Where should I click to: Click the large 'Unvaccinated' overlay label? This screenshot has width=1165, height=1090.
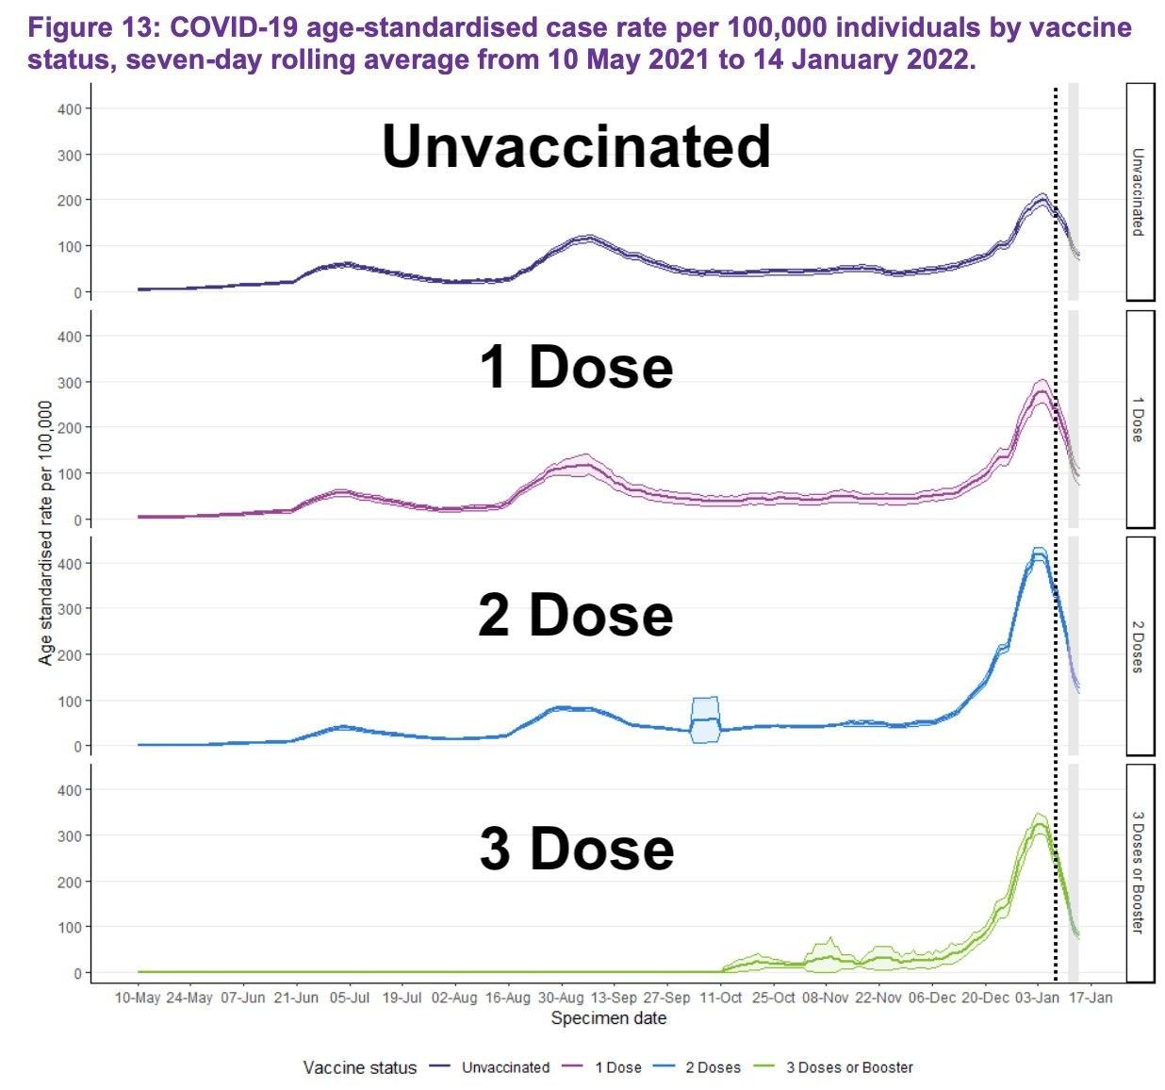pyautogui.click(x=576, y=147)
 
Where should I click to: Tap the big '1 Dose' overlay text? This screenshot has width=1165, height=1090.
pyautogui.click(x=576, y=367)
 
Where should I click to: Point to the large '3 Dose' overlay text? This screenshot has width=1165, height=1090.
pyautogui.click(x=576, y=848)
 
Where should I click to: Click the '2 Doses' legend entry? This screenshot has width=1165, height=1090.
pyautogui.click(x=713, y=1067)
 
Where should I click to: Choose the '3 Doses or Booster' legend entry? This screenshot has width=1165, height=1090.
pyautogui.click(x=849, y=1067)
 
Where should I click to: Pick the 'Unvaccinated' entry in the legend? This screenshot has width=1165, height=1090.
pyautogui.click(x=505, y=1067)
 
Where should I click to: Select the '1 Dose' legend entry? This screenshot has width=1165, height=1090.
pyautogui.click(x=617, y=1067)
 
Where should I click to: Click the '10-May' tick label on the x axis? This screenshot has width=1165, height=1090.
pyautogui.click(x=138, y=998)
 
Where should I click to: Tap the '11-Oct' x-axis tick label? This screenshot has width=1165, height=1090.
pyautogui.click(x=721, y=998)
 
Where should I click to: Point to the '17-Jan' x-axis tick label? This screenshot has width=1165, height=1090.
pyautogui.click(x=1091, y=998)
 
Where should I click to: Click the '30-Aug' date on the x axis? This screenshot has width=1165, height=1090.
pyautogui.click(x=561, y=998)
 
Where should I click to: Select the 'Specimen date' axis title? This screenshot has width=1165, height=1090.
pyautogui.click(x=608, y=1018)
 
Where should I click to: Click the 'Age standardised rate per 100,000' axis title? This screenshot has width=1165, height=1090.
pyautogui.click(x=45, y=533)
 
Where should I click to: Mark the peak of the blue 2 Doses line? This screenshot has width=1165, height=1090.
pyautogui.click(x=1039, y=555)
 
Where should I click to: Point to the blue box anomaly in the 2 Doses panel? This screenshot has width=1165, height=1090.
pyautogui.click(x=705, y=720)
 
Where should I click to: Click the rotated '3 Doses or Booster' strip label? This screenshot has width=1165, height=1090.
pyautogui.click(x=1139, y=872)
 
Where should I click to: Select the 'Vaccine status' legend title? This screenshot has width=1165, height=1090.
pyautogui.click(x=360, y=1067)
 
